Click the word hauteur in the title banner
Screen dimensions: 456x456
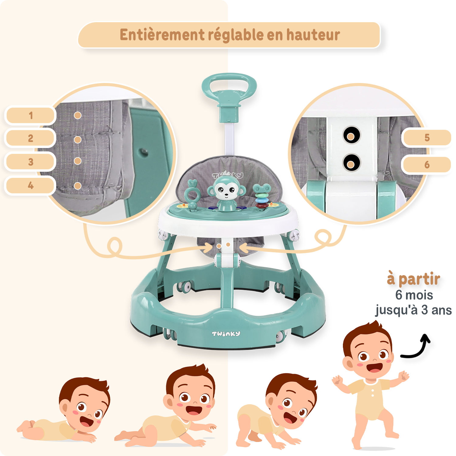[313, 35]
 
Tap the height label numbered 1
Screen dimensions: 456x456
[30, 116]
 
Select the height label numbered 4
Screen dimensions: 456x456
[30, 185]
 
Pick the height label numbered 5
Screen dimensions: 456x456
[427, 138]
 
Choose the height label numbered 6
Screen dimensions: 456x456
[427, 165]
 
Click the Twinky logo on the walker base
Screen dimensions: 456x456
[226, 334]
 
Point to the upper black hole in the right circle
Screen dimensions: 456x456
[351, 135]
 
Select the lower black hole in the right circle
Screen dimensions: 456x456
[351, 162]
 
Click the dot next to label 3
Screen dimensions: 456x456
[78, 161]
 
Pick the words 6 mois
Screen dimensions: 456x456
[414, 295]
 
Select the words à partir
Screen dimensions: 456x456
[413, 279]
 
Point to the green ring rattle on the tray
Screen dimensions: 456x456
[192, 195]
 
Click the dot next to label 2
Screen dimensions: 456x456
[78, 140]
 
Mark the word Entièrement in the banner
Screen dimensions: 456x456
[162, 35]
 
